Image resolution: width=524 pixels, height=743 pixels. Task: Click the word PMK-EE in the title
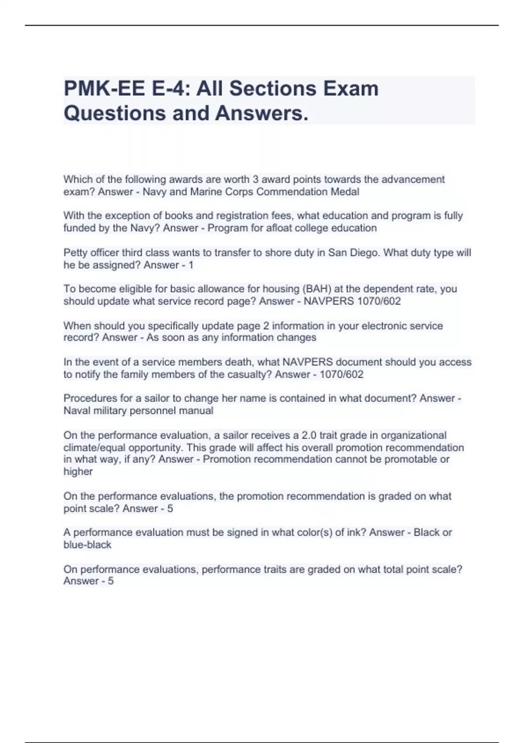pos(104,89)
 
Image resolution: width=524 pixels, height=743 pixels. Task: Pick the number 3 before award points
pos(255,180)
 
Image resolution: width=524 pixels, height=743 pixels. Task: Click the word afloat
pos(276,228)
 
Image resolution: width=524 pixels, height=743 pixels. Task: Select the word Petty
pos(76,253)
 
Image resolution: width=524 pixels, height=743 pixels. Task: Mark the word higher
pos(78,472)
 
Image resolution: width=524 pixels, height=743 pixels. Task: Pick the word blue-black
pos(87,545)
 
